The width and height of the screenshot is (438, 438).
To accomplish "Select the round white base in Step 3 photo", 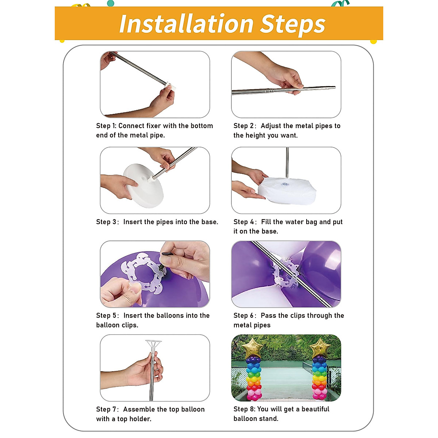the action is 143,185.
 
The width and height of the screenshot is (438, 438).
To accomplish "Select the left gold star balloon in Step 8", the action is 252,348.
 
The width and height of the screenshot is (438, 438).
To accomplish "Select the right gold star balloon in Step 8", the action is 320,348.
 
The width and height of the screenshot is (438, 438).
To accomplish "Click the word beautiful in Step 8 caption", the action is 315,409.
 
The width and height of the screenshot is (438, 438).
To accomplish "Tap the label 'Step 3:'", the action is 108,222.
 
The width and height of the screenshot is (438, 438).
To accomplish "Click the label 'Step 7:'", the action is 108,409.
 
